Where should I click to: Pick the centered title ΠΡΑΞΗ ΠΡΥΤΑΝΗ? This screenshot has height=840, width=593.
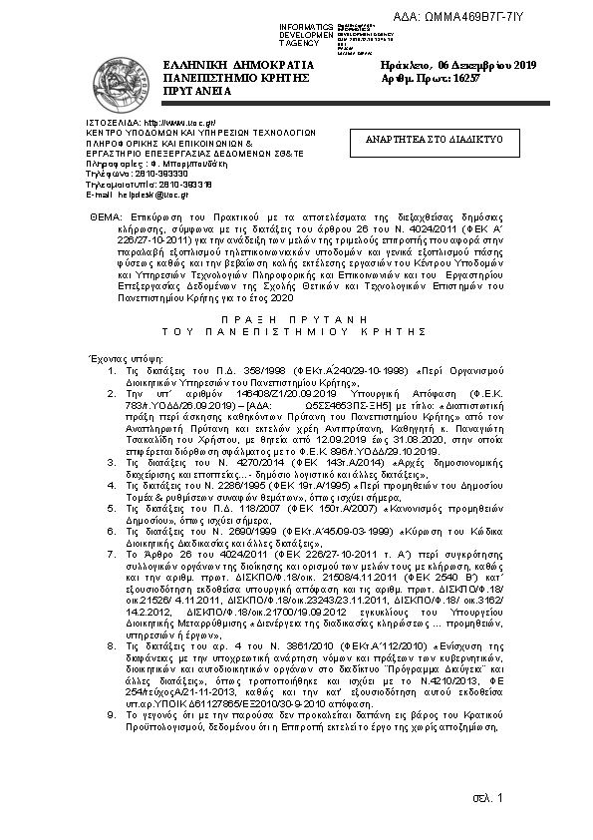click(296, 312)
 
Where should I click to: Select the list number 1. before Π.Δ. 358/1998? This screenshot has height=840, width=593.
click(112, 370)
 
